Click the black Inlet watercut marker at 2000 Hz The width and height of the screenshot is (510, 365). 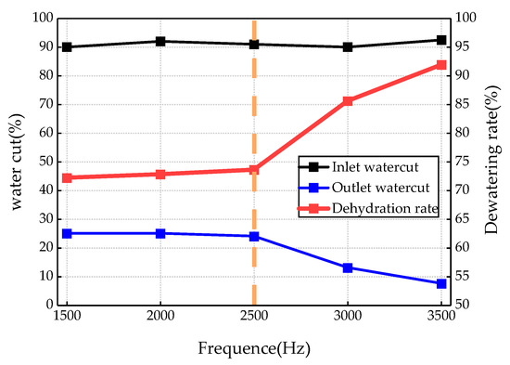click(160, 41)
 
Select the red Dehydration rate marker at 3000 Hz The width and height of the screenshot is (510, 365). click(348, 100)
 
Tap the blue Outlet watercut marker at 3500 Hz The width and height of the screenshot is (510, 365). click(441, 283)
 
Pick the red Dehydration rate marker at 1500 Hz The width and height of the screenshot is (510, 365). click(67, 177)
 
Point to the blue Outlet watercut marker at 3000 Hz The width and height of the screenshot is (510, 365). click(348, 267)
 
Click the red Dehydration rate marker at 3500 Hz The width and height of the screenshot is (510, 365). click(441, 65)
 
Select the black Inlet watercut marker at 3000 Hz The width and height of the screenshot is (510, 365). click(348, 46)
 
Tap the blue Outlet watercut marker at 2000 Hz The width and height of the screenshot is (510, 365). click(160, 233)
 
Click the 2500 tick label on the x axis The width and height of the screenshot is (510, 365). click(253, 317)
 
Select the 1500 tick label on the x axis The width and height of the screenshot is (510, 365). click(67, 317)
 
